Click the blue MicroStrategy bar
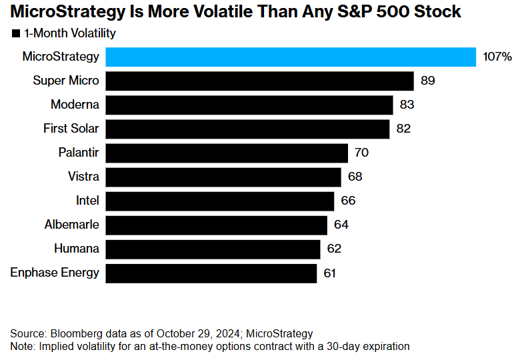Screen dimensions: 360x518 291,57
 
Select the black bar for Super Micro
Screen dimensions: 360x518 260,81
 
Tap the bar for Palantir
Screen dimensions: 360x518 227,153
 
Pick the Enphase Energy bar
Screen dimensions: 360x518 211,273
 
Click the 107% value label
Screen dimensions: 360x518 497,57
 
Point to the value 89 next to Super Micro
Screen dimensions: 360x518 428,81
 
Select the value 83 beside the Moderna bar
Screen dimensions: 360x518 407,105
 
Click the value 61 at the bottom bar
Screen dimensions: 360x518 330,273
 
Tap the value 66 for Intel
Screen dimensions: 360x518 348,201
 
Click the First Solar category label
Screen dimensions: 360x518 71,129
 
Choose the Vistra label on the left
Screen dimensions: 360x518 83,177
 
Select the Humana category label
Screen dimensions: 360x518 77,249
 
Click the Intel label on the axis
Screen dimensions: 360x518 87,201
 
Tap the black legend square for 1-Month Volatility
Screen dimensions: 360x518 16,33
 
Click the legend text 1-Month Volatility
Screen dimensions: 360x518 70,33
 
